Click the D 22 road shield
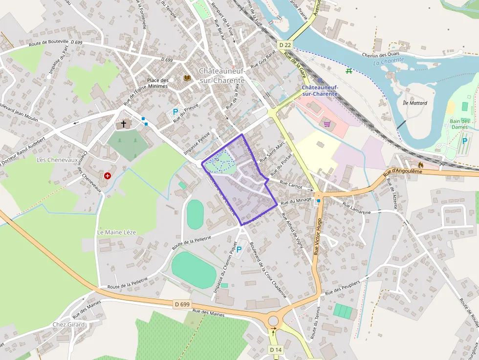[285, 45]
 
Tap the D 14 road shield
[276, 350]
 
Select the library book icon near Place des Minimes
[187, 78]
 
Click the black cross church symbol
[124, 124]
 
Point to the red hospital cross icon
[107, 175]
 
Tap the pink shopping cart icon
[327, 124]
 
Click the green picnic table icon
[349, 71]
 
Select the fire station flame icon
[421, 165]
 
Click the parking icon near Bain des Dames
[465, 141]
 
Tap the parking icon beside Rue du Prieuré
[175, 112]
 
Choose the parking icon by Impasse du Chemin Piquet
[239, 250]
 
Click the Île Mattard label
[414, 103]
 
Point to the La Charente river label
[389, 61]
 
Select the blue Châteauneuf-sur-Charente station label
[320, 90]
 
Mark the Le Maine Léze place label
[116, 232]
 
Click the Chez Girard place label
[68, 324]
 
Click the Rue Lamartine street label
[356, 209]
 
